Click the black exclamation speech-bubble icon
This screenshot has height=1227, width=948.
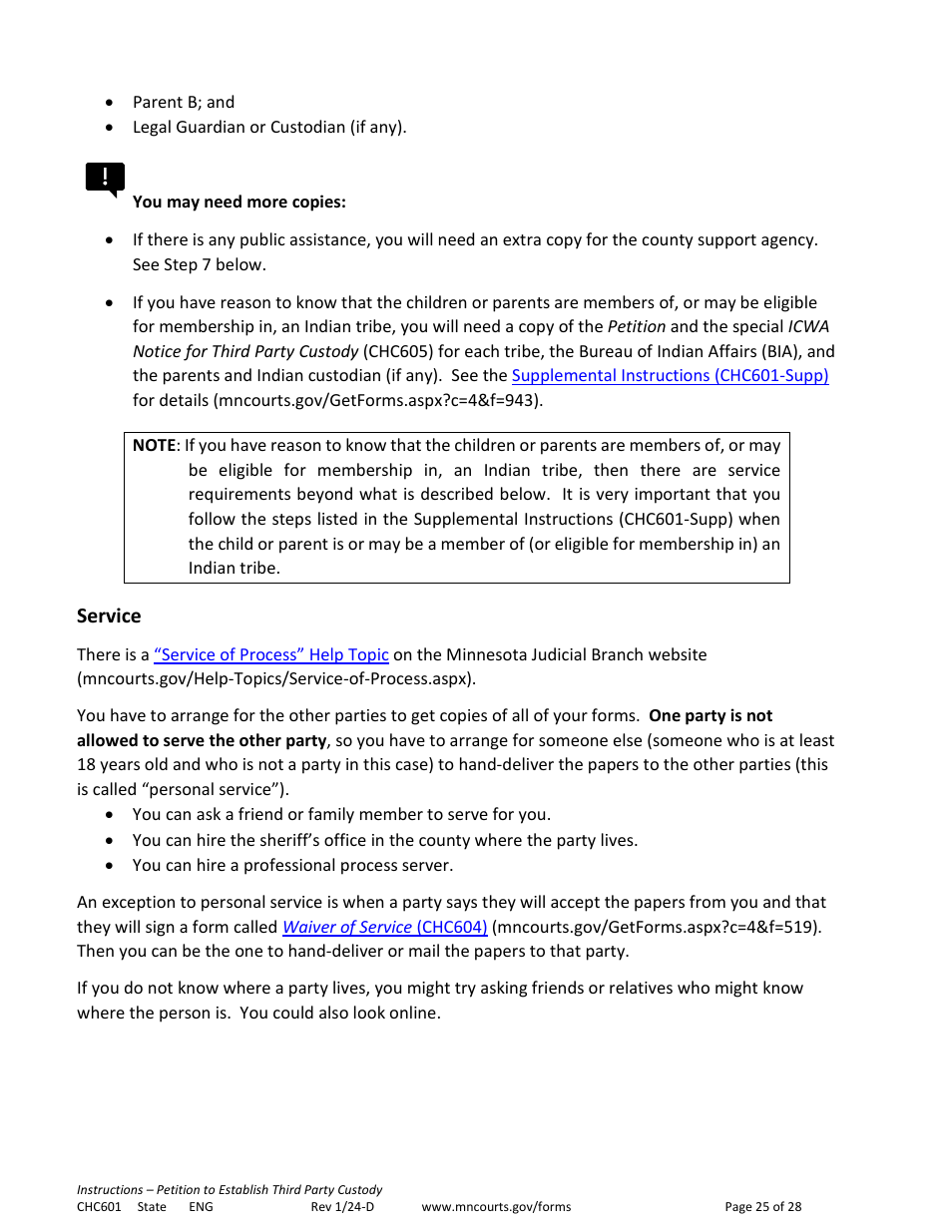105,179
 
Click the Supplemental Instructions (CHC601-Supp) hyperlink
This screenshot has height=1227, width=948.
670,376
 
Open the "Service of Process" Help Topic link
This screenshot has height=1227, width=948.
271,655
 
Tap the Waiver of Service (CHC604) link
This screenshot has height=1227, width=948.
385,927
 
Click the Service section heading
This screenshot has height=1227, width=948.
109,615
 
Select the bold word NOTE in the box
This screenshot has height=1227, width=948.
154,446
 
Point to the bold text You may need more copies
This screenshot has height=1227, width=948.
239,203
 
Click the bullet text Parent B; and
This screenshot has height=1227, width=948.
184,102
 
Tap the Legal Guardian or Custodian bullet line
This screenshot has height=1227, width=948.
269,127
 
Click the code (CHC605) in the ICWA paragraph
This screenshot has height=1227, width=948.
395,351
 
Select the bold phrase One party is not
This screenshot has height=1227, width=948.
711,716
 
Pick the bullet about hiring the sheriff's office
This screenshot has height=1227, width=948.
384,841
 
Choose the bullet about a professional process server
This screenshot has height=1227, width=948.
292,866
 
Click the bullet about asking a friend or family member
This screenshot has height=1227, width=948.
341,815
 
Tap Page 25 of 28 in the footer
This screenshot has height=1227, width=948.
762,1207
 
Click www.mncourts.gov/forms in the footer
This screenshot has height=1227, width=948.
496,1207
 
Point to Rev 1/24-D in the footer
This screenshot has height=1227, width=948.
342,1207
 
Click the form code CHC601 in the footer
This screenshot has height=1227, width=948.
99,1207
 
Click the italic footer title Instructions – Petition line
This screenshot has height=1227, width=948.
230,1190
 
